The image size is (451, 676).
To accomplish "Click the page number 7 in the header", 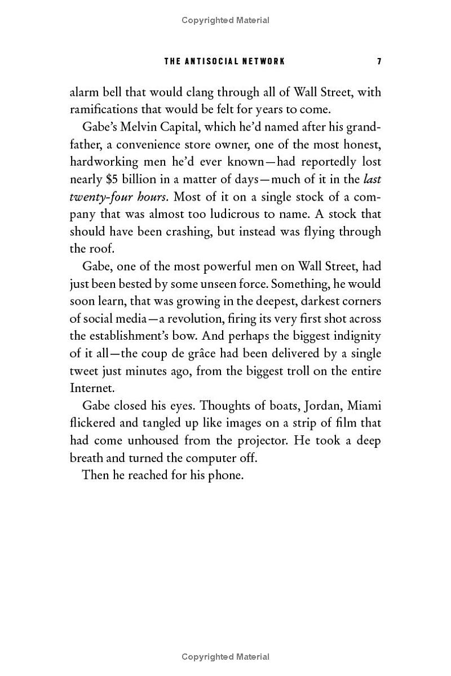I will point(379,61).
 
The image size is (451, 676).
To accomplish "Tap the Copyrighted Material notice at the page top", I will point(225,20).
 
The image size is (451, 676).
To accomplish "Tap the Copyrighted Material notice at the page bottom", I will point(225,657).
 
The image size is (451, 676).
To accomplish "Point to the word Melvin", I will point(140,127).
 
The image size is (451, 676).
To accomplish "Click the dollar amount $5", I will point(111,180).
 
